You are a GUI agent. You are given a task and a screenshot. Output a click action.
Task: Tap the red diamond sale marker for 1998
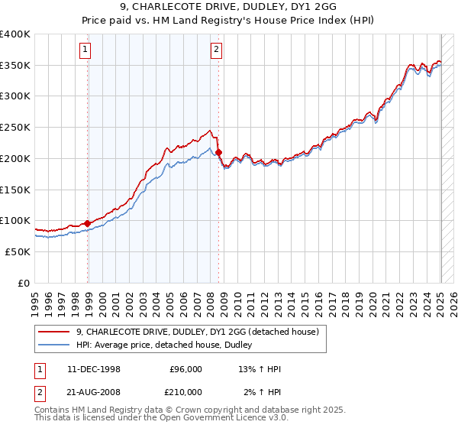[88, 223]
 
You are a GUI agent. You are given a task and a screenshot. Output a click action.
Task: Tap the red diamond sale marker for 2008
[219, 152]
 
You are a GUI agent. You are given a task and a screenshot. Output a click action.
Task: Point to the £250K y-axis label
[17, 128]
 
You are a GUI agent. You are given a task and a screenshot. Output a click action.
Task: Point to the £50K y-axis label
[19, 251]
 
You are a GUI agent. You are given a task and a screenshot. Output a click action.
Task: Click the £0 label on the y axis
[25, 283]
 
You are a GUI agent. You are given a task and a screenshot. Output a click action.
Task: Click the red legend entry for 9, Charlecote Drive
[202, 331]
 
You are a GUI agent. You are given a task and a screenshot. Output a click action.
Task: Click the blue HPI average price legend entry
[169, 345]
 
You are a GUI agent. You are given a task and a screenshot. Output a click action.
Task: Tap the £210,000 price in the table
[185, 392]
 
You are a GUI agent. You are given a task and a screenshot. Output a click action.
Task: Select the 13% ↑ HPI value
[260, 369]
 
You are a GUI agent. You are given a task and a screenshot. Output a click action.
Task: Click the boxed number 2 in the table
[40, 392]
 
